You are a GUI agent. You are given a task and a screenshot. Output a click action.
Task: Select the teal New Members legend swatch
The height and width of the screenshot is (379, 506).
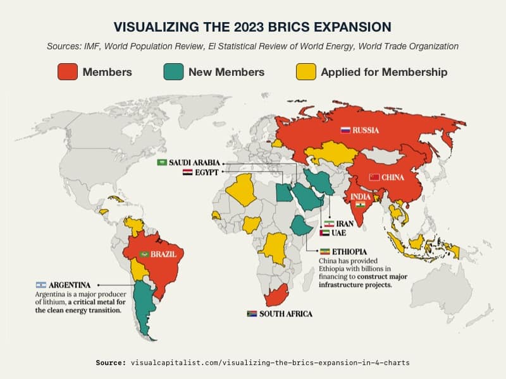coord(173,72)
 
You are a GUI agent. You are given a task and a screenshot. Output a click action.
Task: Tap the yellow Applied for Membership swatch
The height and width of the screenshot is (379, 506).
coord(305,72)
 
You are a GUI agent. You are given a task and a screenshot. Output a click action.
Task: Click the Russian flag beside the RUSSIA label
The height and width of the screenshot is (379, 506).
coord(345,131)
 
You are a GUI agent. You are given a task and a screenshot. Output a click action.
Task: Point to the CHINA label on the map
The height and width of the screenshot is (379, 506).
coord(392,177)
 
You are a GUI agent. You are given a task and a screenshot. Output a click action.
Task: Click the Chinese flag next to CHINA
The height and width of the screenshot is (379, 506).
coord(374,177)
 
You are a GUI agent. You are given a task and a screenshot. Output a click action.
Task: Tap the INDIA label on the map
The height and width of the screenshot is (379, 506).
coord(360,196)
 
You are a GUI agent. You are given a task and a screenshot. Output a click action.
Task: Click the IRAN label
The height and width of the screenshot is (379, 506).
coord(345,224)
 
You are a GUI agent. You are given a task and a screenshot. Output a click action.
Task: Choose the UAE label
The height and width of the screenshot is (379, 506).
coord(339,233)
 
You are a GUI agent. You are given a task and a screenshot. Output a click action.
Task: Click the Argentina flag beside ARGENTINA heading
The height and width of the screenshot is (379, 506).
coord(41,285)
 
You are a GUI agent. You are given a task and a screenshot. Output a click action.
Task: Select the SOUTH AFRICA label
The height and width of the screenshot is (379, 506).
coord(285,313)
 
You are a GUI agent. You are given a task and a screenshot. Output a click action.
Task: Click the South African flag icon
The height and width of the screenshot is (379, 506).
coord(252,313)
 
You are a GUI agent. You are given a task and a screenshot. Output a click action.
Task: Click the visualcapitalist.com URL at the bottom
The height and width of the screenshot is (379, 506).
coord(266,363)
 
